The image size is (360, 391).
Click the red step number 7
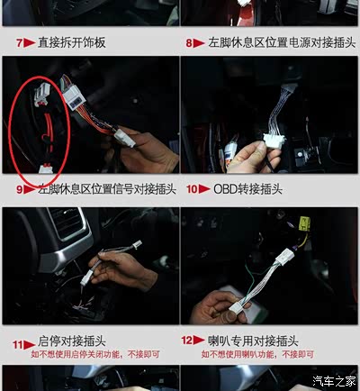[19, 43]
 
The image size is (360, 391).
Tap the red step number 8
[189, 43]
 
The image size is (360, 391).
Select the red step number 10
[192, 189]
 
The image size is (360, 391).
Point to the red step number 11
[18, 344]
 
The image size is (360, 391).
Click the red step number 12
[186, 341]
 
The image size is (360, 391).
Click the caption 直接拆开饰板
[72, 42]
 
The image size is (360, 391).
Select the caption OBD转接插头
[247, 189]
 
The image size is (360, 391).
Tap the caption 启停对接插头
[72, 341]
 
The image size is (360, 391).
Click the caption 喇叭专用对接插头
[253, 341]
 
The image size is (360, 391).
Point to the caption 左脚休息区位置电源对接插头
[282, 42]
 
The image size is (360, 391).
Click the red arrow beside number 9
[30, 189]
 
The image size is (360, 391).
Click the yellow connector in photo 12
[304, 224]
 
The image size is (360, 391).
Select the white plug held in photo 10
[274, 141]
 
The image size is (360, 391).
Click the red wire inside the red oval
[48, 129]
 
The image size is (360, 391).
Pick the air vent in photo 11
[68, 223]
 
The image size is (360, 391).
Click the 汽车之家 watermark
[334, 381]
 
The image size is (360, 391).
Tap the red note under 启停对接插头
[95, 355]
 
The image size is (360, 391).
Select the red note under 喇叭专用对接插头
[257, 355]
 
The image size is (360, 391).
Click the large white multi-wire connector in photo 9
[74, 97]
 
